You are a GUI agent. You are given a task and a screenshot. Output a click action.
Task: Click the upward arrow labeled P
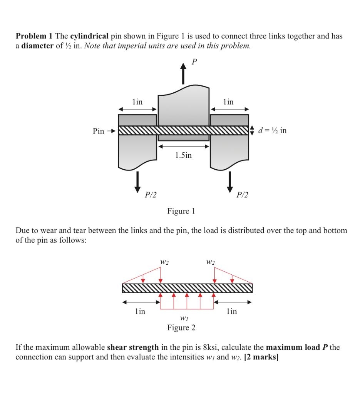point(183,75)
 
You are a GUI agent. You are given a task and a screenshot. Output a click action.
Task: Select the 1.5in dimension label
point(183,155)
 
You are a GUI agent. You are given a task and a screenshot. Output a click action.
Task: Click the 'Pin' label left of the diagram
point(99,131)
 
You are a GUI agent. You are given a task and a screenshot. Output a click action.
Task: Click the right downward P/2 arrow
point(230,182)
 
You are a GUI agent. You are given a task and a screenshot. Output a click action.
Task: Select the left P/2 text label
point(150,195)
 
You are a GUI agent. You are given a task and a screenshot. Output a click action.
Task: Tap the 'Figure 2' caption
point(181,328)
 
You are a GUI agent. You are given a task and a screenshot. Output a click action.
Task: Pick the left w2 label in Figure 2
point(164,263)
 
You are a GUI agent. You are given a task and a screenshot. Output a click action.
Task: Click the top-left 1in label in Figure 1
point(137,102)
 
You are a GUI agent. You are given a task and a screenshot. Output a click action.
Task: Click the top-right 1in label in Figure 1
point(228,102)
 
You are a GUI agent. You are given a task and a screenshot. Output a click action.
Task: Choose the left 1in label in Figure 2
point(140,311)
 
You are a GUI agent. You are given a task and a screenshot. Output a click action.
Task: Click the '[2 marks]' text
point(261,357)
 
